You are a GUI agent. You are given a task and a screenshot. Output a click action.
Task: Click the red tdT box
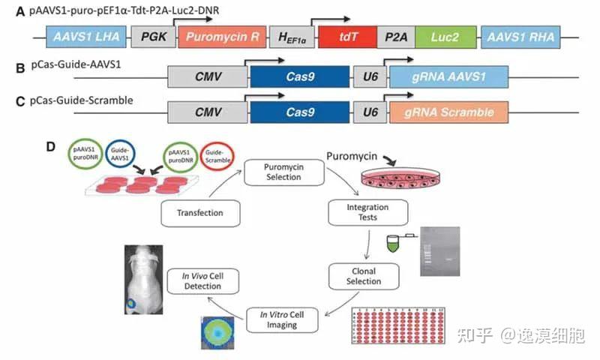(x=347, y=37)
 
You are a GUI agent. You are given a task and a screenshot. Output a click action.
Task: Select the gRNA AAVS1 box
(x=448, y=78)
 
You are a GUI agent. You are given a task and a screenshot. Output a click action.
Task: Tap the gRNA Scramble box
(x=448, y=113)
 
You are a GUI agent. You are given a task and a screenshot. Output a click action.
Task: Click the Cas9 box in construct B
(x=299, y=78)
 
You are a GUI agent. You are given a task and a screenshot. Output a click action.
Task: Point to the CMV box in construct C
(x=207, y=113)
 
